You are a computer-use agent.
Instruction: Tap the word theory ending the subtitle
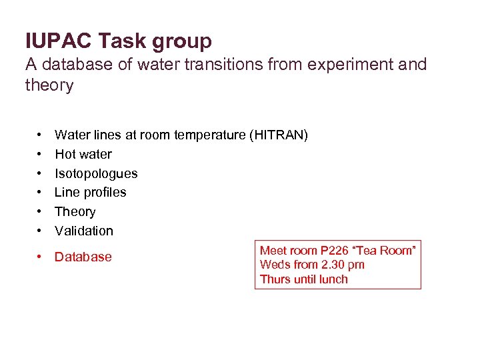point(49,86)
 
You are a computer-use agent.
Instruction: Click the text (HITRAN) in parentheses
point(279,135)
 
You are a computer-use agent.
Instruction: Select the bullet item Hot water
point(83,155)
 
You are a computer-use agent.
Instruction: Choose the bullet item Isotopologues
point(96,174)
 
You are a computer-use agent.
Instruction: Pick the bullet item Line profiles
point(90,193)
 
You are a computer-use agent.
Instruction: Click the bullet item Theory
point(75,212)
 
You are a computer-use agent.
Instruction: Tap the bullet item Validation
point(84,231)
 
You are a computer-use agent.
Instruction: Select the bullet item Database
point(83,257)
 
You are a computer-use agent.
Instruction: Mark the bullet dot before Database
point(41,257)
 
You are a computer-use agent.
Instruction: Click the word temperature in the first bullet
point(209,135)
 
